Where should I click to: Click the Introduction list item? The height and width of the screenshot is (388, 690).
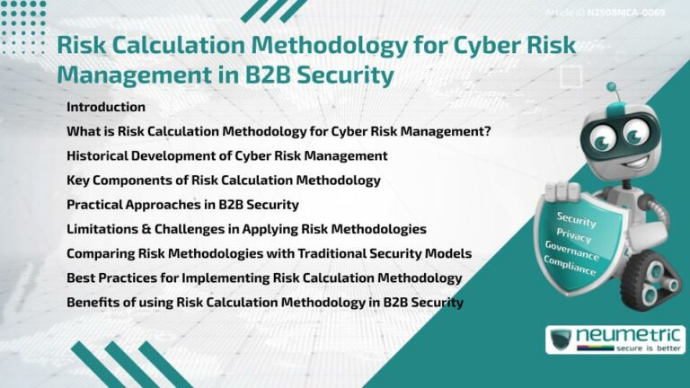click(x=106, y=107)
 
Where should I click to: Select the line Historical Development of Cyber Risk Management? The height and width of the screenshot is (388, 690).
click(x=226, y=155)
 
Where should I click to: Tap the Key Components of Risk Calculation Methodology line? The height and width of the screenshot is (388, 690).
click(x=223, y=180)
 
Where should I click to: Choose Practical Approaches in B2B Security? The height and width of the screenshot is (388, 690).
click(x=182, y=204)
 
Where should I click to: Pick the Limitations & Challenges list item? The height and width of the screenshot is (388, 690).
click(x=246, y=229)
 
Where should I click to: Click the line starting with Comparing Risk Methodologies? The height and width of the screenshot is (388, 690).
click(x=269, y=253)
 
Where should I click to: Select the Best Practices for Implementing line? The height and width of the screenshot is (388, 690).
click(x=264, y=278)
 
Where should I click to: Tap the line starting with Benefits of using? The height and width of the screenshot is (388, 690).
click(x=265, y=302)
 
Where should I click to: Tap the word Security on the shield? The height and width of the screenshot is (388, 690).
click(x=577, y=217)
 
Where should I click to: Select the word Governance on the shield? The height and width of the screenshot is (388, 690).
click(x=572, y=249)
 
